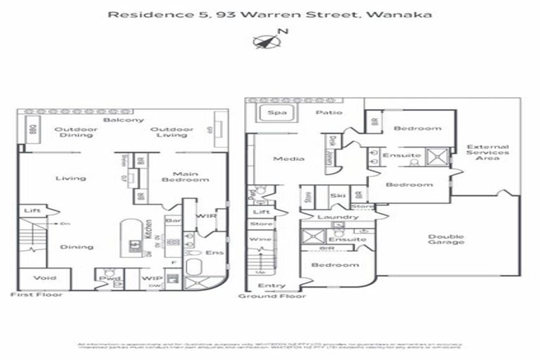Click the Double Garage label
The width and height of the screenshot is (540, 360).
tap(446, 240)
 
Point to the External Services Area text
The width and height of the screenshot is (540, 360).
tap(487, 153)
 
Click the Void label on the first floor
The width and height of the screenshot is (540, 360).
tap(44, 278)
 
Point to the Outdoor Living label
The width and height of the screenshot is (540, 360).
tap(172, 134)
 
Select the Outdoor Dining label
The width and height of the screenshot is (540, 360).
tap(71, 134)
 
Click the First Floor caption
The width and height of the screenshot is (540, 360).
tap(36, 295)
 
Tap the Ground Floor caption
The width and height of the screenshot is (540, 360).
tap(272, 296)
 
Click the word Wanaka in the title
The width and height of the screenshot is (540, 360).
tap(407, 13)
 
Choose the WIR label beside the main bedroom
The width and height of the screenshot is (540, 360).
tap(205, 216)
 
